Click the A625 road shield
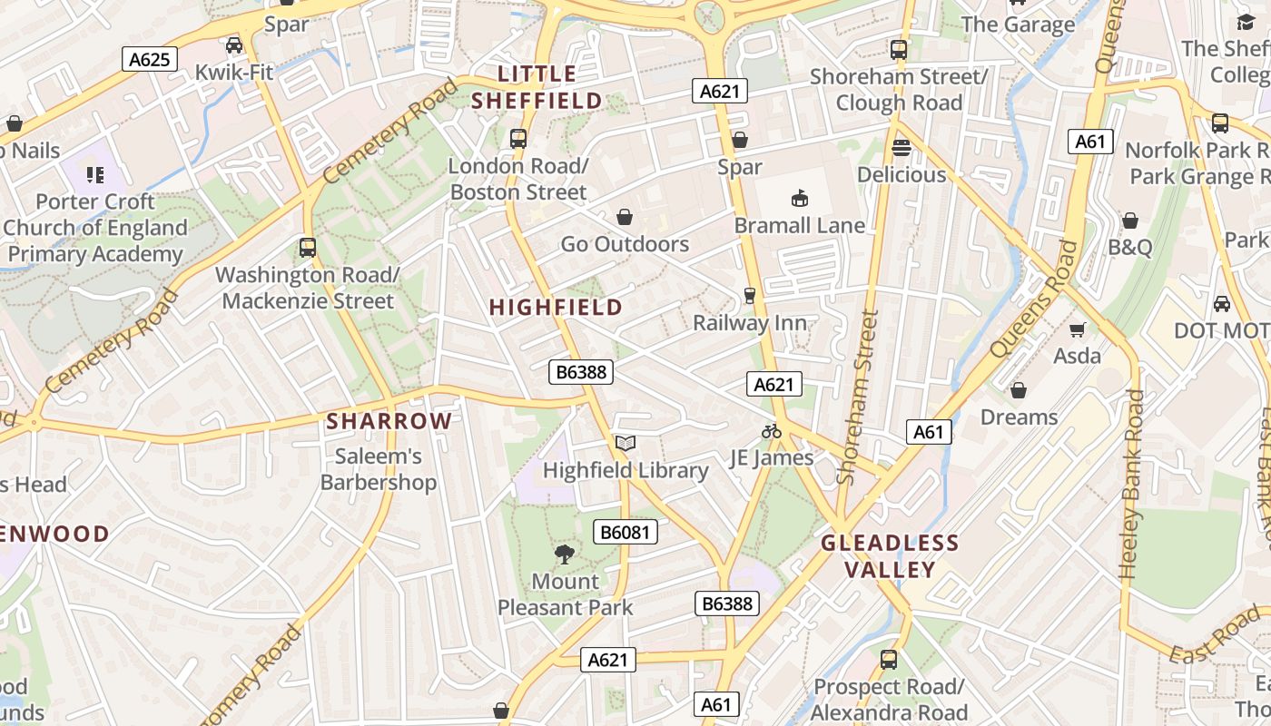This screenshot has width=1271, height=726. tap(149, 60)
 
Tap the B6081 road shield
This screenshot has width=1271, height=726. tap(626, 532)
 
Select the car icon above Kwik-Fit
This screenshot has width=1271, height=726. tap(234, 44)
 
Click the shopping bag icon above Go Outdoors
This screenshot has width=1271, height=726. tap(625, 217)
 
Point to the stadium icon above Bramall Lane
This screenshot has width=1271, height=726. tap(800, 198)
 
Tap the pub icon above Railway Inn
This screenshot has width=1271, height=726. tap(749, 296)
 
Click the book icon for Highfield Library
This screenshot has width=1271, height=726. tap(625, 443)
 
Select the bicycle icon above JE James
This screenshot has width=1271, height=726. tap(772, 431)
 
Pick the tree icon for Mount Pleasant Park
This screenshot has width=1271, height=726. tap(565, 554)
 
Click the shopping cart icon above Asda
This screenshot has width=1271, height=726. tap(1077, 329)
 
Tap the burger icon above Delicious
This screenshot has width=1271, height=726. tap(902, 147)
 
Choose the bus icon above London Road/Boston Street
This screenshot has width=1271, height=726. tap(518, 139)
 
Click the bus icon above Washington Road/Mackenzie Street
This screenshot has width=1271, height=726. tap(308, 247)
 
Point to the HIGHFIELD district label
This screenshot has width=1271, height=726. tap(556, 308)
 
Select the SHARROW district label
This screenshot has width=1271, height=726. tap(389, 421)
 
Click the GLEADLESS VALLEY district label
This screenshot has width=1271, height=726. tap(890, 556)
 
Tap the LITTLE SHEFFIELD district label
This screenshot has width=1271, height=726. tap(537, 87)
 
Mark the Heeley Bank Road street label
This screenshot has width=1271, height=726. tap(1132, 485)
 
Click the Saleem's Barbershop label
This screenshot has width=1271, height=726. tap(379, 469)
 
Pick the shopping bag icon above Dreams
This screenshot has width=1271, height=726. tap(1019, 390)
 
